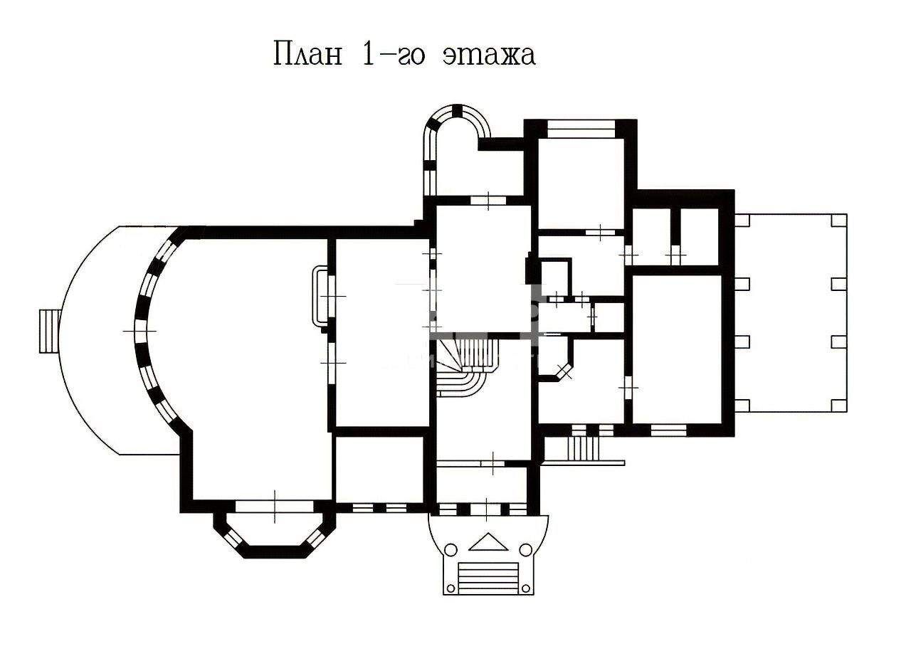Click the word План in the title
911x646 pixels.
tap(308, 53)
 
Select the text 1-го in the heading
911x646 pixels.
tap(393, 53)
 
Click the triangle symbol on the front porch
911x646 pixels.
tap(488, 542)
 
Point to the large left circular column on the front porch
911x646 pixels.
tap(451, 550)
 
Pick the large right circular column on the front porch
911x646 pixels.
tap(526, 550)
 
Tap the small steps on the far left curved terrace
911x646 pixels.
tap(49, 331)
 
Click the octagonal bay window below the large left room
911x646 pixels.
tap(275, 534)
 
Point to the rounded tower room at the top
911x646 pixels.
tap(458, 150)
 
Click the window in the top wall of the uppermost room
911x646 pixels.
tap(581, 129)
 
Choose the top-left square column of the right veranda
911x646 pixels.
tap(742, 221)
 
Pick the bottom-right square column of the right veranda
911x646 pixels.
tap(839, 406)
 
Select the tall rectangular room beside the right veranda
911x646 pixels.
tap(677, 349)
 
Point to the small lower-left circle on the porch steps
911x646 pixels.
tap(451, 588)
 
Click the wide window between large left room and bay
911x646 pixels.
tap(275, 507)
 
